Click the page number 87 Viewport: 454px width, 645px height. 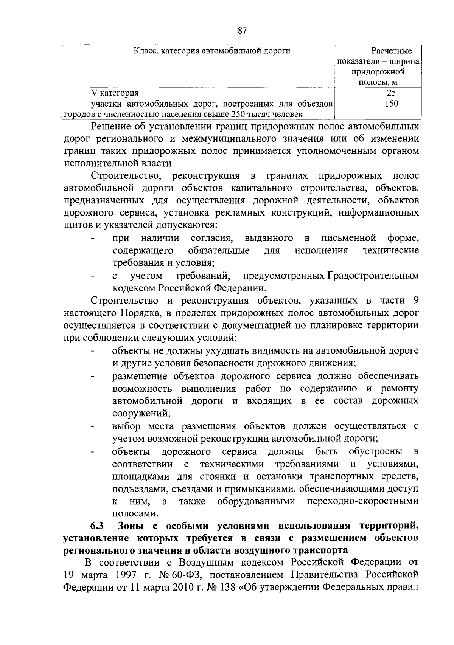pos(243,31)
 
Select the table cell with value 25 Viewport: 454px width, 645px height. pos(392,93)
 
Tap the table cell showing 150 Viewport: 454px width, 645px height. pos(392,104)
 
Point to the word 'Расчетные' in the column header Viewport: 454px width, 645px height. pos(392,51)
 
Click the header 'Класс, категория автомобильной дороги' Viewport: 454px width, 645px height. pos(212,51)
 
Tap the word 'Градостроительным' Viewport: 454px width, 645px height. pos(372,276)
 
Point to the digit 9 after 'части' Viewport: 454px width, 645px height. pos(416,301)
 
